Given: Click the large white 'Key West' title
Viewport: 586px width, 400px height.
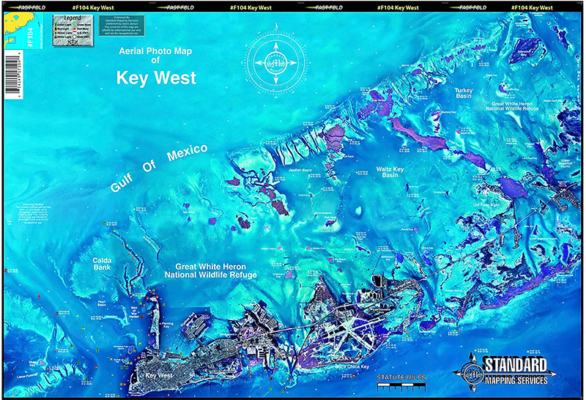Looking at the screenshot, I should point(155,78).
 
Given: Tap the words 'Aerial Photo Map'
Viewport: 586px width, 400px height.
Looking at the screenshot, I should point(155,52).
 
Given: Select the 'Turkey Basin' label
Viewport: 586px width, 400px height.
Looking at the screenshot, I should point(464,93).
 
